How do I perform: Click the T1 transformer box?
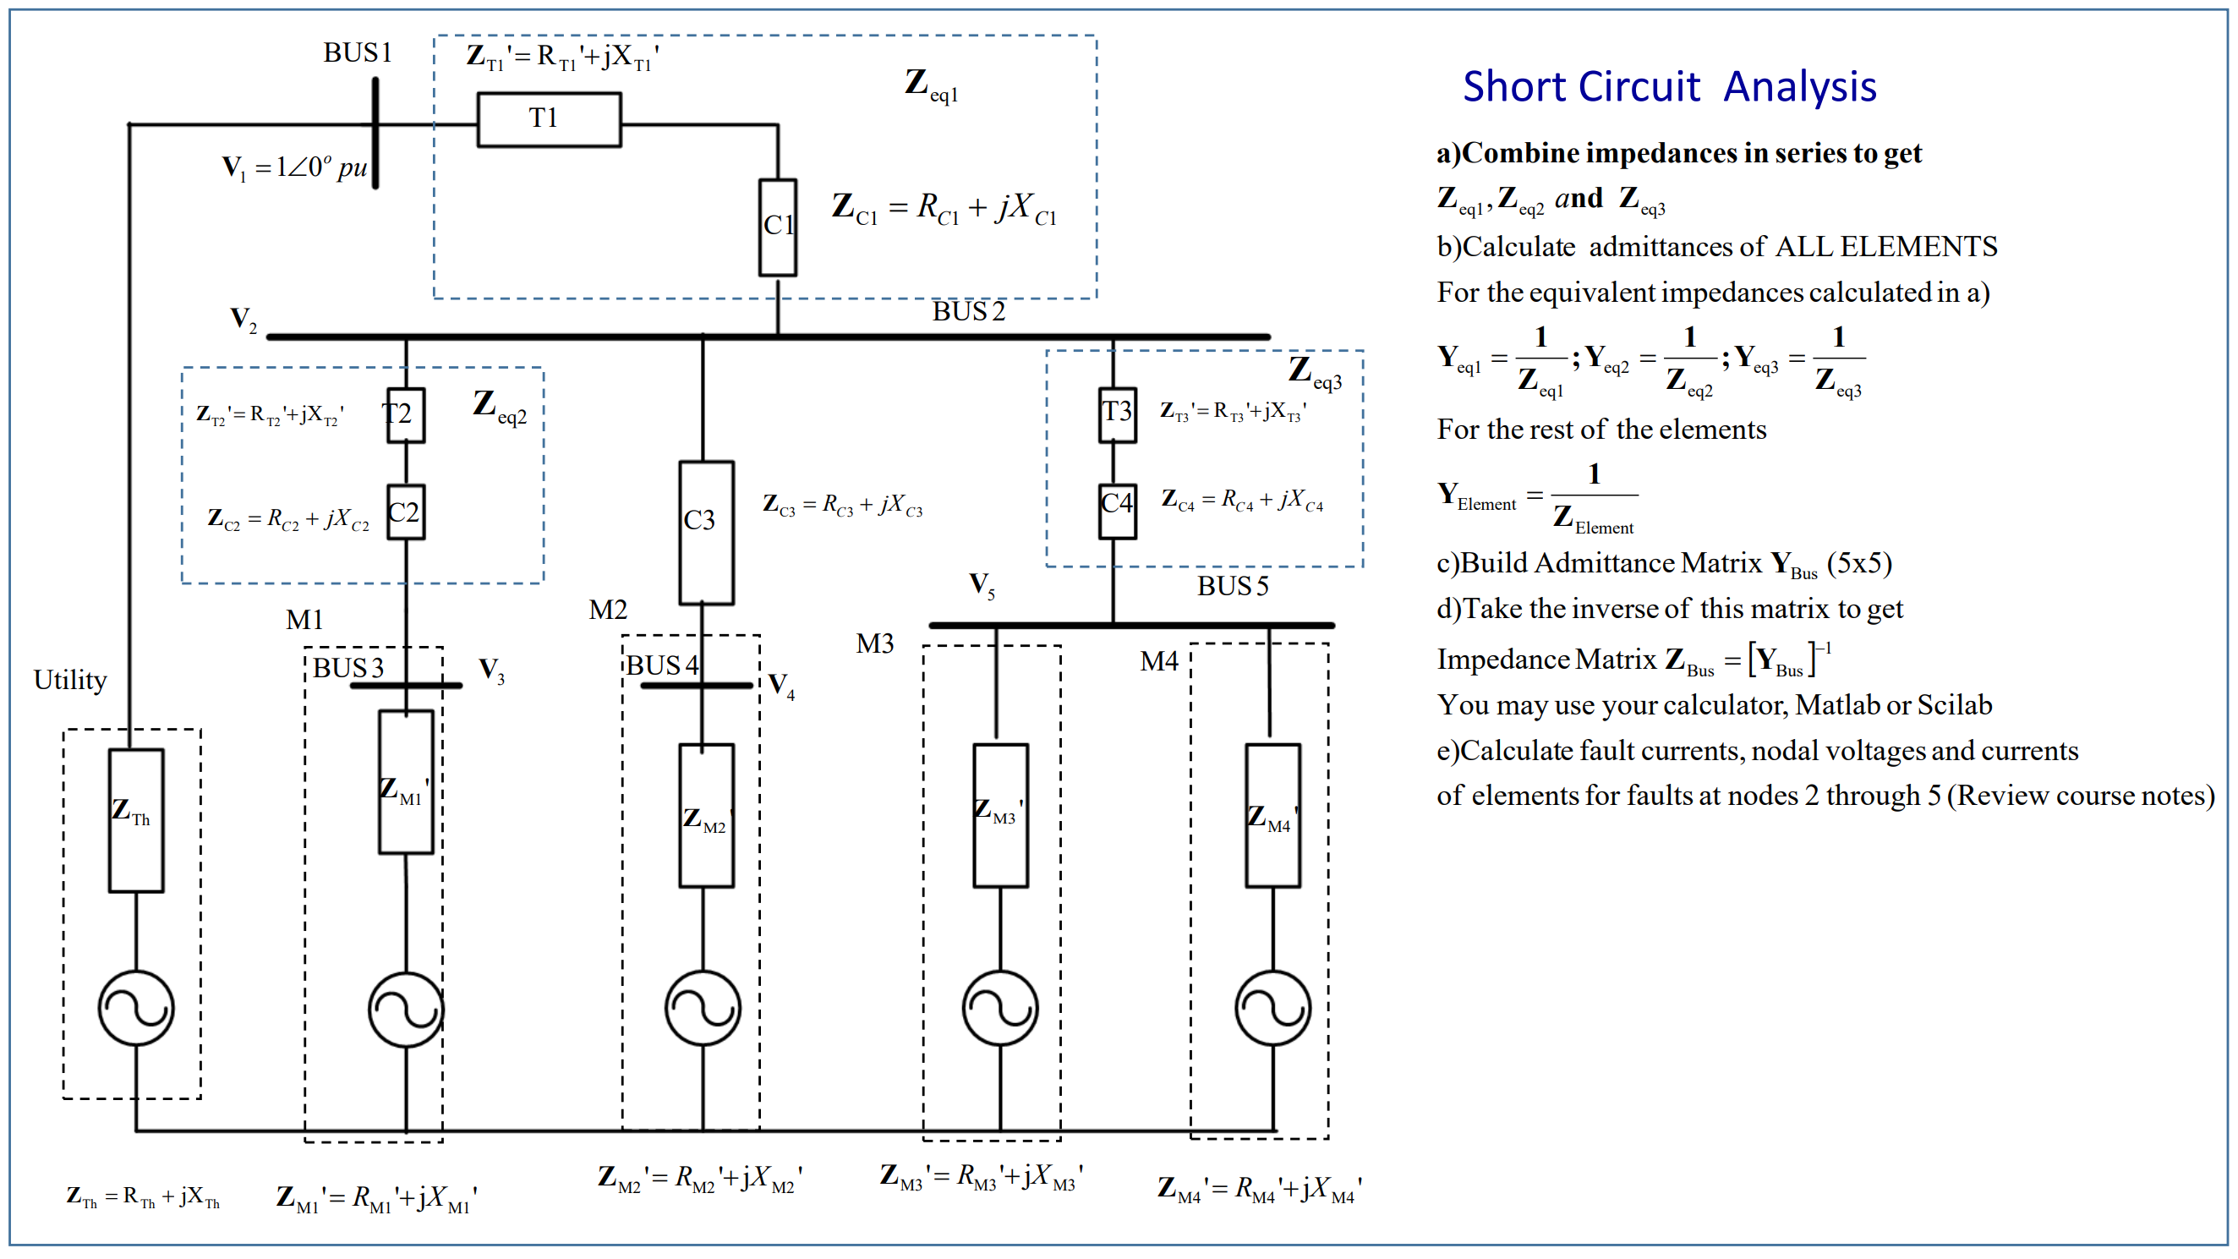549,120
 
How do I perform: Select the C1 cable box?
778,227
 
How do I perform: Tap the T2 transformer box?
406,415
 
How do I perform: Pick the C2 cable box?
406,512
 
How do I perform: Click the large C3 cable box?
706,533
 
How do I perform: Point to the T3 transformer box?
1117,414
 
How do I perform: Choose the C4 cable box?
1117,511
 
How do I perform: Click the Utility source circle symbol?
136,1008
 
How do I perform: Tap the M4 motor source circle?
1272,1008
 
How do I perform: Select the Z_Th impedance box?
136,821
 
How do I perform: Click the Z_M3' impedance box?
1001,816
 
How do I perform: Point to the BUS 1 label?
357,53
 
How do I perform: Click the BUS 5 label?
1233,587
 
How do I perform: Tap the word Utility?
70,681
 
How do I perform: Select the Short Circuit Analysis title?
1669,87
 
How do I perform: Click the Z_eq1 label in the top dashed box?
932,85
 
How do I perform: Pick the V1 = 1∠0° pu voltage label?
294,167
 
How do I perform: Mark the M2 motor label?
607,610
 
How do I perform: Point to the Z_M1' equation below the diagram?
376,1198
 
